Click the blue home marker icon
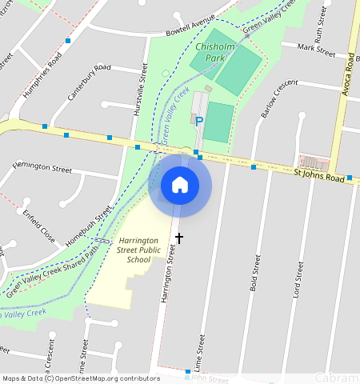(180, 186)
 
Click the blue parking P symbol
(199, 121)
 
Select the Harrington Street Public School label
(133, 250)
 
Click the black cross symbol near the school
(179, 238)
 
